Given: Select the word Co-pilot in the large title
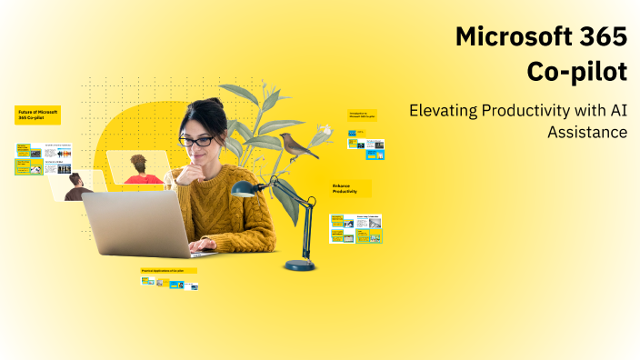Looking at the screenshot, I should point(577,71).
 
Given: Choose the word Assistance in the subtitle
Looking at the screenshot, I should point(587,132).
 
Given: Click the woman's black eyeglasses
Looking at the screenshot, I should point(196,141).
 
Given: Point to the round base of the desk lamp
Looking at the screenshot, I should point(299,265).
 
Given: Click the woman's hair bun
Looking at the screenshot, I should point(215,105).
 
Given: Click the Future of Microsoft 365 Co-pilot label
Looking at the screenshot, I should point(37,115).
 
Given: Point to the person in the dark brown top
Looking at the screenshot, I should point(78,186).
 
